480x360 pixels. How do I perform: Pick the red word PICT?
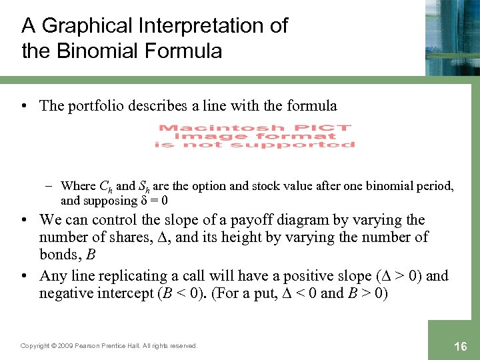(325, 127)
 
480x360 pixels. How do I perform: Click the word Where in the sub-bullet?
(78, 187)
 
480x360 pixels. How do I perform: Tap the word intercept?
(115, 293)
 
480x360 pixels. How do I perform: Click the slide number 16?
(460, 347)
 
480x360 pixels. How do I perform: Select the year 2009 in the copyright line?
(63, 346)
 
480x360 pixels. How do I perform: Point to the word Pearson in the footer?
(91, 346)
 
